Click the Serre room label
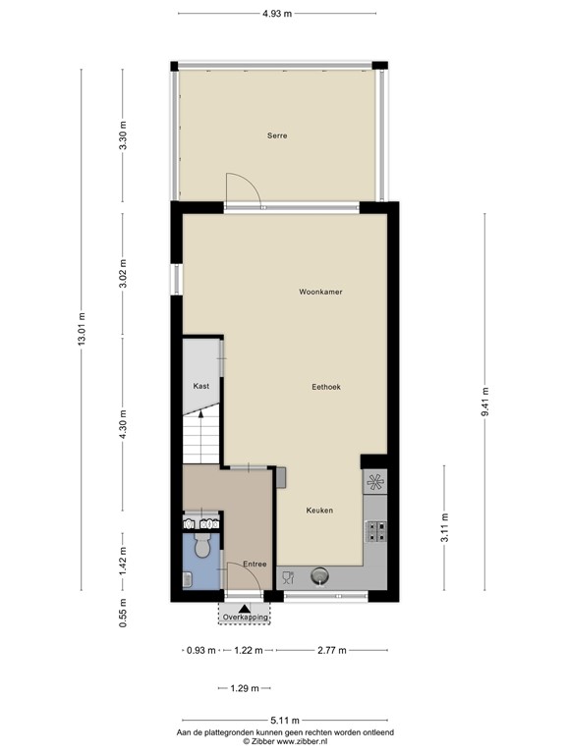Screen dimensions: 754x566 coord(277,135)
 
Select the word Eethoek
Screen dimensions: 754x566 coord(325,387)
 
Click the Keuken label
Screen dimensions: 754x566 coord(319,511)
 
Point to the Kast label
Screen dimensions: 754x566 coord(201,386)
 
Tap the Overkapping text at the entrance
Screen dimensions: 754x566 coord(246,617)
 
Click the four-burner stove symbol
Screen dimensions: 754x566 coord(375,531)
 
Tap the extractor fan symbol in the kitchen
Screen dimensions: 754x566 coord(375,482)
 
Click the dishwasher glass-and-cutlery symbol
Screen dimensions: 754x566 coord(288,577)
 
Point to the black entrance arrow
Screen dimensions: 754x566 coord(246,607)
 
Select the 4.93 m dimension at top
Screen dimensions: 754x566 coord(276,14)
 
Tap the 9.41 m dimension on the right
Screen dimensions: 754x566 coord(484,402)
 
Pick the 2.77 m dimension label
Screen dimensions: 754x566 coord(331,650)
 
